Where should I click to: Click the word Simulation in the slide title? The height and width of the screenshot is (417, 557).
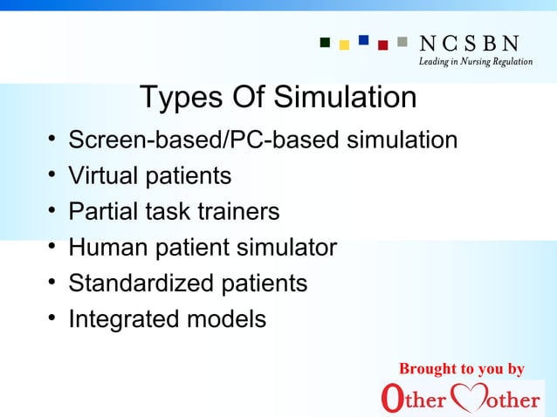[x=345, y=98]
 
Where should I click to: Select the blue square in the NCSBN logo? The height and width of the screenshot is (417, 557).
[x=363, y=39]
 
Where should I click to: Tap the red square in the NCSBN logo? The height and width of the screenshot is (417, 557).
[x=382, y=45]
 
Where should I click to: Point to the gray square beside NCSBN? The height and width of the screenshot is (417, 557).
[x=402, y=40]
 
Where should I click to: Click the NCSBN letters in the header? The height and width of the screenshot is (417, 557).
[x=470, y=43]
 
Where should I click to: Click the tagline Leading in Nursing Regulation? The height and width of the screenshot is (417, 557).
[x=476, y=62]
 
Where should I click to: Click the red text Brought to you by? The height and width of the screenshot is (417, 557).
[x=461, y=369]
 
